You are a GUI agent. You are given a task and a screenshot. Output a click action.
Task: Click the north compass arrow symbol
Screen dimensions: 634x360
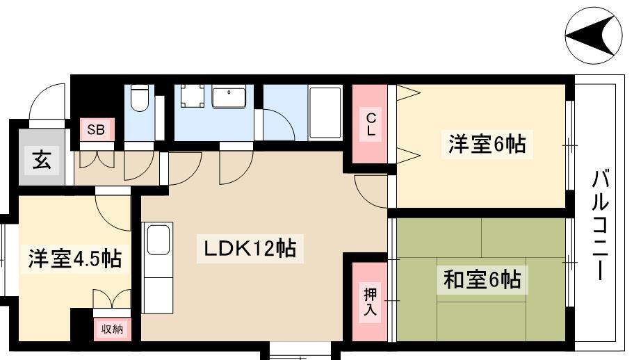pos(593,35)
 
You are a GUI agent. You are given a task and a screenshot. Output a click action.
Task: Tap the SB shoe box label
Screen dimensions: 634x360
pos(96,130)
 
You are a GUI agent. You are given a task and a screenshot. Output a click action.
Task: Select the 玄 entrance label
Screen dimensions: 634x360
pos(42,160)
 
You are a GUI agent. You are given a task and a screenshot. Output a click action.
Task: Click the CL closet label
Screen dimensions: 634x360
pos(371,124)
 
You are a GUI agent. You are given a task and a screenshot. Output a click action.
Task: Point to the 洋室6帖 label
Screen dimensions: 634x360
pos(487,145)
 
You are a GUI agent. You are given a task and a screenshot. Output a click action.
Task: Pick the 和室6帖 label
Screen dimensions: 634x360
pos(482,279)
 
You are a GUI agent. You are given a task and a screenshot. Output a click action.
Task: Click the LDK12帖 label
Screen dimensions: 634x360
pos(250,248)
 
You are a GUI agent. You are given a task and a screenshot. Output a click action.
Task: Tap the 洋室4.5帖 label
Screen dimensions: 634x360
pos(75,259)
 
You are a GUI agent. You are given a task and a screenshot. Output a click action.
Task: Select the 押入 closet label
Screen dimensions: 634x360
pos(370,302)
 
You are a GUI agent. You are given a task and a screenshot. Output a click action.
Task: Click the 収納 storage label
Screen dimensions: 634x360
pos(112,329)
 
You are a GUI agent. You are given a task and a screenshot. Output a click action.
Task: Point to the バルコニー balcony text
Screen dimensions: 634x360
pos(601,224)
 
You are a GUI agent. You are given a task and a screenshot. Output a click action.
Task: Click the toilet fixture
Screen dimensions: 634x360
pos(140,98)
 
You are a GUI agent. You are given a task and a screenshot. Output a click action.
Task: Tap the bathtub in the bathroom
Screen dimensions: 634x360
pos(325,113)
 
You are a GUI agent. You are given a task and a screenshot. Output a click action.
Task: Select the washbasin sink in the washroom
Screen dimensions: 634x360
pos(229,97)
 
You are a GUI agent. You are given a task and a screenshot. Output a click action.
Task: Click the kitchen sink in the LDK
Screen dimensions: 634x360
pos(158,240)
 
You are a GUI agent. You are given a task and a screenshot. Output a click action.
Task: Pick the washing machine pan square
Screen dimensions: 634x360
pos(192,96)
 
